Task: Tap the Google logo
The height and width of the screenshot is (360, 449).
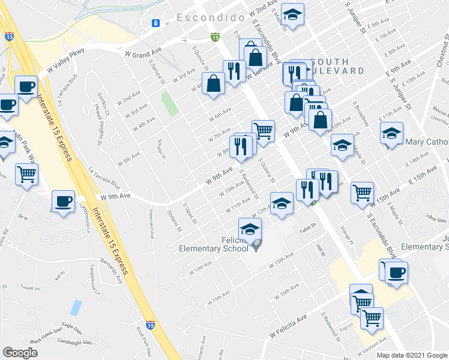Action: [x=20, y=353]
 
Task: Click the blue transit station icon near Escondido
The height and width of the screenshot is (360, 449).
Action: [x=155, y=23]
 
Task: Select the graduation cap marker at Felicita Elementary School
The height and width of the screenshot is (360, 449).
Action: [x=250, y=229]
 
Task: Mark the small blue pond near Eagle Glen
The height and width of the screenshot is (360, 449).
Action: [x=76, y=308]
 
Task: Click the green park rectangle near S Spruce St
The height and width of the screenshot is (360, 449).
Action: [x=170, y=104]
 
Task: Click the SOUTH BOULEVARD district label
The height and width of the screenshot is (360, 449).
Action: [x=338, y=66]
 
